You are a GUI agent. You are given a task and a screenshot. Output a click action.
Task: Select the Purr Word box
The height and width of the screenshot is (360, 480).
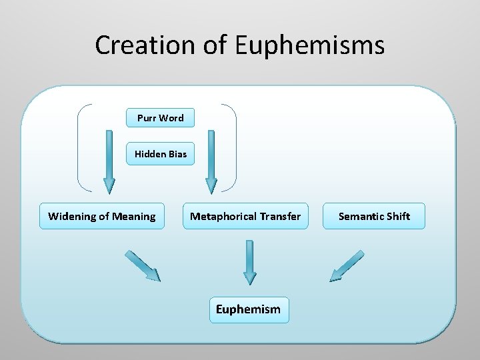[161, 118]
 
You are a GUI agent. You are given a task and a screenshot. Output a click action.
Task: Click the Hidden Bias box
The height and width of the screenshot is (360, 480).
[161, 154]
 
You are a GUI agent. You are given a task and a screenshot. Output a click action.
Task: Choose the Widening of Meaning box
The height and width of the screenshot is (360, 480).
[102, 216]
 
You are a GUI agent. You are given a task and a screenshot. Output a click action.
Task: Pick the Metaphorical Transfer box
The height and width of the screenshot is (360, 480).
[245, 216]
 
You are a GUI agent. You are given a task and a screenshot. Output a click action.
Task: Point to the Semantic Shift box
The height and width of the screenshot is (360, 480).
[374, 216]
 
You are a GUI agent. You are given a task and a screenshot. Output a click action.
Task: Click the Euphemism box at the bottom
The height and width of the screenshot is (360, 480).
[249, 309]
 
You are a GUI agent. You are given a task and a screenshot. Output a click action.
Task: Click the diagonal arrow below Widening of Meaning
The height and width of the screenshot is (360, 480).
[143, 265]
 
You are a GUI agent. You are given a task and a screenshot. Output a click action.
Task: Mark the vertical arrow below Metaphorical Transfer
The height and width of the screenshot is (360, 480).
[249, 261]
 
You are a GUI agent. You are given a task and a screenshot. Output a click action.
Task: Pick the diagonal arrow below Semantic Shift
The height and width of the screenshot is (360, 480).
[347, 265]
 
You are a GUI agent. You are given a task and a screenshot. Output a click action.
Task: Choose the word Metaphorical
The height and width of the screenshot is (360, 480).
[221, 216]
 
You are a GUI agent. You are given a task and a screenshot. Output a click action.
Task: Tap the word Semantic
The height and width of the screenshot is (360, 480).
[359, 216]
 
